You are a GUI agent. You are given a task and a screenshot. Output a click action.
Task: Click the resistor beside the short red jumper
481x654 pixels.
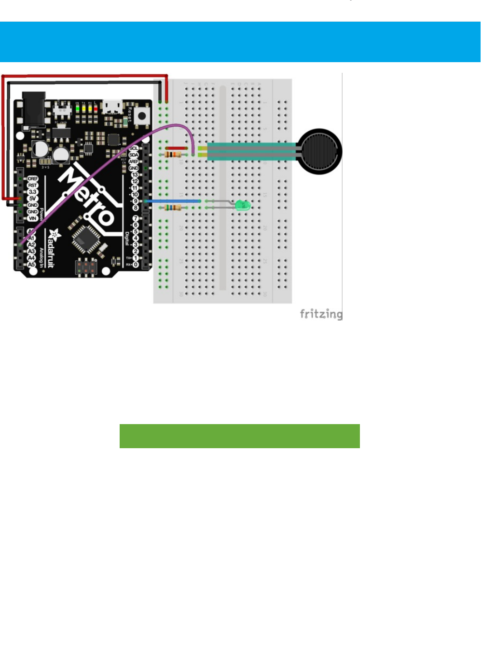[x=173, y=155]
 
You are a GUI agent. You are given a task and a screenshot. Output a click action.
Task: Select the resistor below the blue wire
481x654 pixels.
[x=173, y=208]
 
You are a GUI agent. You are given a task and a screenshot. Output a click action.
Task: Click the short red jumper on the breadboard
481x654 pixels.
[x=176, y=148]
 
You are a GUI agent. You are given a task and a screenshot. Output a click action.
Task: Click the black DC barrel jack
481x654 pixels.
[x=34, y=108]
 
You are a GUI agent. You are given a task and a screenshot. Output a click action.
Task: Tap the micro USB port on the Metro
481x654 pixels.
[x=112, y=106]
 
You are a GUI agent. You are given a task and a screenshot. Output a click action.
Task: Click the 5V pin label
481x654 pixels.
[x=32, y=199]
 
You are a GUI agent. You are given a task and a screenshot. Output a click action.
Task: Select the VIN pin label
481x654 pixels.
[x=32, y=218]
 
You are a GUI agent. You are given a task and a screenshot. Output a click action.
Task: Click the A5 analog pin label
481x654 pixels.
[x=31, y=265]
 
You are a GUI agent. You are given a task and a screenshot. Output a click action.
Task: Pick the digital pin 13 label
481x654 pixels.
[x=135, y=175]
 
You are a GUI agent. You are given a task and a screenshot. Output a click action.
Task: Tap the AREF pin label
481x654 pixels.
[x=134, y=161]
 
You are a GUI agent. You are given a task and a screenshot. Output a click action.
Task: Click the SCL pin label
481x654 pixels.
[x=134, y=148]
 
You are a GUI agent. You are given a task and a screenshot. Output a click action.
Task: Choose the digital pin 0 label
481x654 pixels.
[x=136, y=265]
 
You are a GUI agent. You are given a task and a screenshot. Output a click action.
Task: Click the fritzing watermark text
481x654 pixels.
[x=321, y=314]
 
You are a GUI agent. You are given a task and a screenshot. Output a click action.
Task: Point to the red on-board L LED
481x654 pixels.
[x=96, y=108]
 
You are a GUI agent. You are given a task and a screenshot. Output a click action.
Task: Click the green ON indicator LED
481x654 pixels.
[x=77, y=108]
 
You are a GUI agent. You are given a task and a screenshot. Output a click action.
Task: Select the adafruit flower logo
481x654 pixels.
[x=54, y=235]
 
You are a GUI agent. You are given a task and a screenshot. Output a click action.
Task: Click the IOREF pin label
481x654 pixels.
[x=32, y=179]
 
